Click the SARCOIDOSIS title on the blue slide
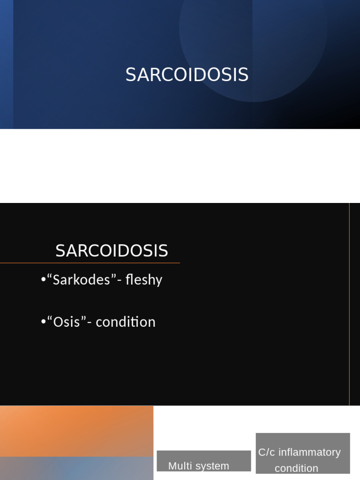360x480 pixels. (x=187, y=75)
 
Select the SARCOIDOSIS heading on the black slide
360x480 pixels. (x=112, y=251)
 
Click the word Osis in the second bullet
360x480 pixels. (x=67, y=322)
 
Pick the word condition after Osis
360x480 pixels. (x=125, y=322)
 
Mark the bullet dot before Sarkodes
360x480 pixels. (x=43, y=280)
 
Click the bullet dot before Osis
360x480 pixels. (x=43, y=322)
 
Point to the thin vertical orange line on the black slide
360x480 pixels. (x=349, y=305)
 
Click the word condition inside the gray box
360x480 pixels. (x=296, y=468)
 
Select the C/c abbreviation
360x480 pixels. (x=266, y=452)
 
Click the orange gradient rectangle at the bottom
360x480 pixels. (x=76, y=430)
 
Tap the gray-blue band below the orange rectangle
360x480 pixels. (x=76, y=469)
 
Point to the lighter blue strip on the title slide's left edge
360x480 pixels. (x=6, y=64)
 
